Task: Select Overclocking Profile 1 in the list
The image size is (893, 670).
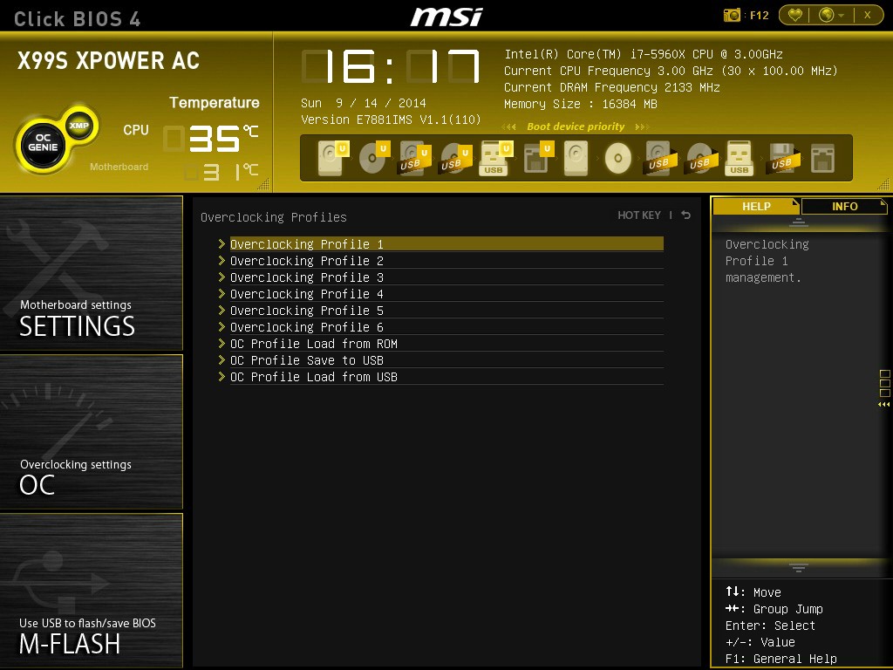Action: (x=306, y=244)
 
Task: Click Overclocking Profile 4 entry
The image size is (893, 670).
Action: (x=306, y=294)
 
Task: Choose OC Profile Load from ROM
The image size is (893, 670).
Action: (x=314, y=344)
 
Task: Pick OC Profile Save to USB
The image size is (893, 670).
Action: (x=306, y=360)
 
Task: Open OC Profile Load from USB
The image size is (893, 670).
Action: (x=314, y=377)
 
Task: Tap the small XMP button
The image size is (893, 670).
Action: (x=79, y=126)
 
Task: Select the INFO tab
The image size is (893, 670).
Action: (x=844, y=206)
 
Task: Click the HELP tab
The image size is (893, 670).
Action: (x=756, y=206)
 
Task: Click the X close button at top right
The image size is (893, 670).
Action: (x=868, y=16)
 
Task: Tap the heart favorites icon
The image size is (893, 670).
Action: (x=795, y=15)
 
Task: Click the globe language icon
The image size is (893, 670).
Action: (x=827, y=15)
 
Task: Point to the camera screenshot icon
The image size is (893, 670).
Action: (x=732, y=15)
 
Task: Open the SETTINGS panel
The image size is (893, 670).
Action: (x=91, y=273)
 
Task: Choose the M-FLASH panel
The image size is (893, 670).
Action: (x=91, y=591)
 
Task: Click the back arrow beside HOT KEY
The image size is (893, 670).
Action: (x=686, y=215)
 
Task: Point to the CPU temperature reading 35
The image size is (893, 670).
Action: (x=215, y=139)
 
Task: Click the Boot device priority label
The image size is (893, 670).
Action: (x=576, y=126)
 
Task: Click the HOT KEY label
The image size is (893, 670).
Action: (x=639, y=215)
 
